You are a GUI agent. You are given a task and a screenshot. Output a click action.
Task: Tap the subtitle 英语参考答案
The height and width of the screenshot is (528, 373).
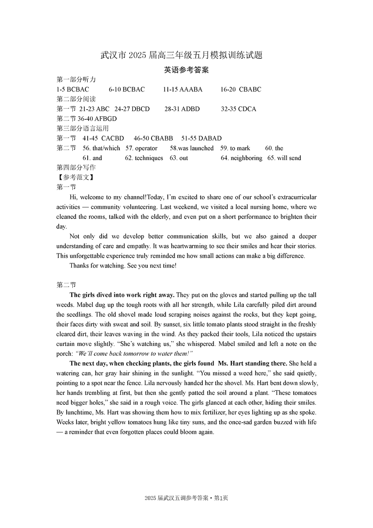(x=186, y=70)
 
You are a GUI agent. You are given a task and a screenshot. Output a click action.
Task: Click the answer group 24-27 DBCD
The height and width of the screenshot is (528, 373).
(x=132, y=109)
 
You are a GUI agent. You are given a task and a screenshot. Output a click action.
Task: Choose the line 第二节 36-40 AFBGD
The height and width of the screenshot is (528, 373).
(x=87, y=119)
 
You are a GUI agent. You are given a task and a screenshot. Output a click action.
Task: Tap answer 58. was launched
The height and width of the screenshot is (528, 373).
(x=192, y=148)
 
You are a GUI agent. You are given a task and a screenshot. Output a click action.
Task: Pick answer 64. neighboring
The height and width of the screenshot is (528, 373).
(x=242, y=158)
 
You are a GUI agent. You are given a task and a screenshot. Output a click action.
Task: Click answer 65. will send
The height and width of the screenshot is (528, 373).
(x=284, y=158)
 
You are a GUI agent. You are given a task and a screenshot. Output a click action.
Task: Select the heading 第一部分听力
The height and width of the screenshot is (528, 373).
(x=76, y=79)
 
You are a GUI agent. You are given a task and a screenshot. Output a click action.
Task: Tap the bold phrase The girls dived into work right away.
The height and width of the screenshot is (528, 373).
(x=122, y=295)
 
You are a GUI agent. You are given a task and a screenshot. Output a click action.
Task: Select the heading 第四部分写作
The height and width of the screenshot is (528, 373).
(x=76, y=168)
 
